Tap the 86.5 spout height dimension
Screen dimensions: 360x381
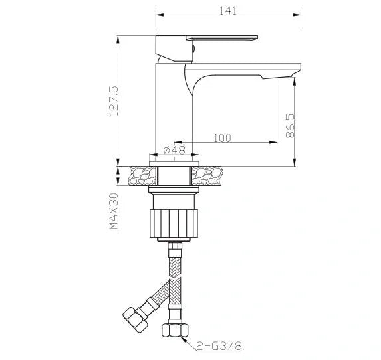pos(288,126)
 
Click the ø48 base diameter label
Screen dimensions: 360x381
pos(174,151)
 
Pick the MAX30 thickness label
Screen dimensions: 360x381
pos(114,211)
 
